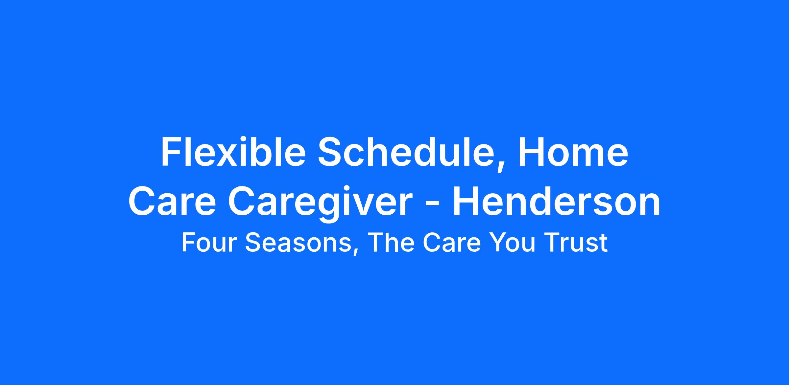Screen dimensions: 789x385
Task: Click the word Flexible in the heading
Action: [x=233, y=152]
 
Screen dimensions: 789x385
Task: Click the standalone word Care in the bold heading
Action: [x=172, y=201]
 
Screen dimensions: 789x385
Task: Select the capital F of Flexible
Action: [x=171, y=152]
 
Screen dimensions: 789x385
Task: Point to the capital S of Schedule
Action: [x=330, y=152]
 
